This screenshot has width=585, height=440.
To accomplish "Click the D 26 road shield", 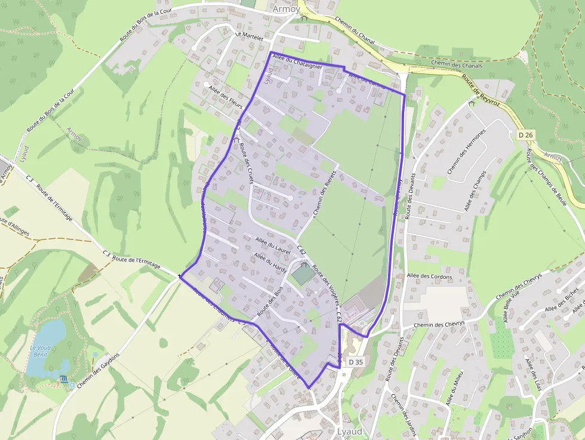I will pos(525,136).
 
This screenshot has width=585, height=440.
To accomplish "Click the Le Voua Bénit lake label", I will pos(42,350).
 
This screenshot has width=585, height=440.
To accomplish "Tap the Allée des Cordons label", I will pos(429,277).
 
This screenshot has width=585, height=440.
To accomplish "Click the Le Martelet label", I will pos(249,35).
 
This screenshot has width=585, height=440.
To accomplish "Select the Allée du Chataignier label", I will pos(297,61).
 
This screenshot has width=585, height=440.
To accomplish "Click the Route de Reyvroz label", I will pos(480,88).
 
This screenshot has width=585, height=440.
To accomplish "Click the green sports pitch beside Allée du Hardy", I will pos(302,274).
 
